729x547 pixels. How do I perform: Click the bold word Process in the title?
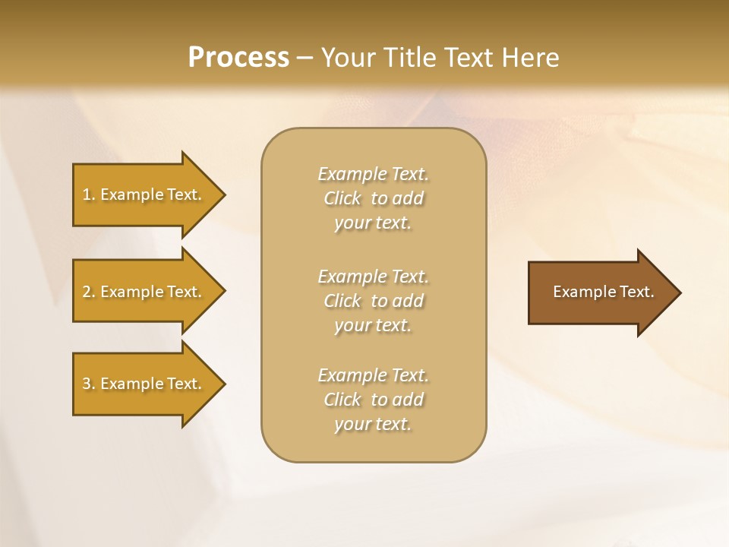tap(238, 58)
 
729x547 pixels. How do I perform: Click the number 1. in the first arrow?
tap(88, 194)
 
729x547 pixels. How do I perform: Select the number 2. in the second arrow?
tap(88, 292)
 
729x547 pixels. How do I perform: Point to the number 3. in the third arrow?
tap(88, 384)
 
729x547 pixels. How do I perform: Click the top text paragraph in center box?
tap(373, 198)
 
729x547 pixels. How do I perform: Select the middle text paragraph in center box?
tap(373, 301)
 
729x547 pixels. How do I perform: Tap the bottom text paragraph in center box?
tap(373, 400)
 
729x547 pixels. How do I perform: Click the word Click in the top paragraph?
tap(342, 198)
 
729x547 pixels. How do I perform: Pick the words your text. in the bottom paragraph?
tap(373, 424)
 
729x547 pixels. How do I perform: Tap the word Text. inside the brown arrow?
tap(636, 292)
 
